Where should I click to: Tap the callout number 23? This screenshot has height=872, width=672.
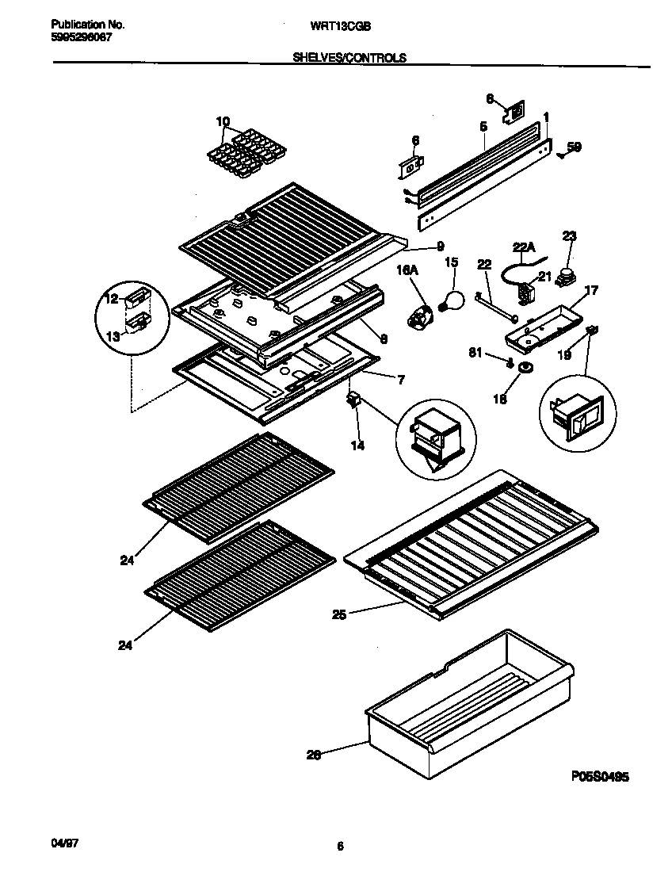569,235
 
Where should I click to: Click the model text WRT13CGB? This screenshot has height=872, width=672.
337,25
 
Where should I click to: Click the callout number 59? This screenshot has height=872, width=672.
575,146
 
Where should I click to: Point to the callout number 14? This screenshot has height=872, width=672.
357,446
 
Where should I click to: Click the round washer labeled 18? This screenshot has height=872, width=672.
524,369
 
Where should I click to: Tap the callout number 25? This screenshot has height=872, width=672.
339,613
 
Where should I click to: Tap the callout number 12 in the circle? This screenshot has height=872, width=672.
110,299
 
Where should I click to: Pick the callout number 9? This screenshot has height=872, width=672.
439,247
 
